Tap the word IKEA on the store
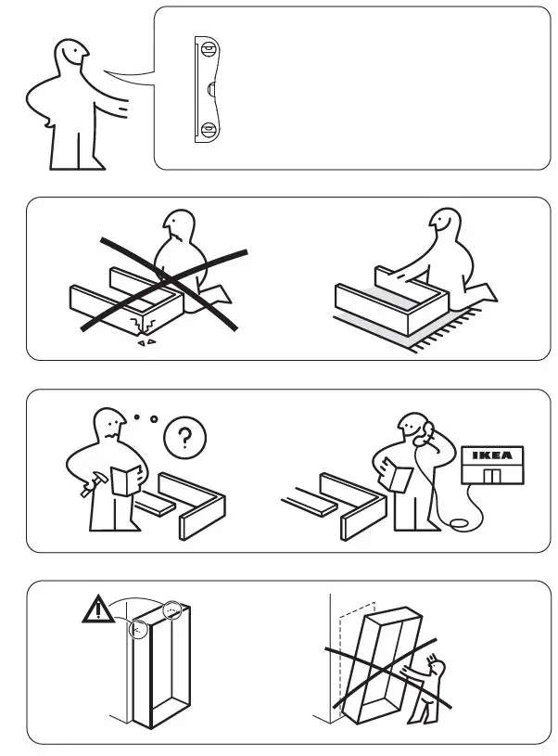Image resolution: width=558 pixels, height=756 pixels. coord(492,455)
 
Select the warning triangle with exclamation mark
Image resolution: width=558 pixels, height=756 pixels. coord(95,609)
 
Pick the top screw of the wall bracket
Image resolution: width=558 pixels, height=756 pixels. coord(209,48)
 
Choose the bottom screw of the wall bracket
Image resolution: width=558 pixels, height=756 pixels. coord(209,128)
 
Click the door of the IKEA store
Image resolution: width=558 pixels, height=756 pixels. coord(492,476)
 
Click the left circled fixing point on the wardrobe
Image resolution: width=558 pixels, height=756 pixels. coord(138,630)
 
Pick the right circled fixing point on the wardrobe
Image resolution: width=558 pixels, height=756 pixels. coord(172,610)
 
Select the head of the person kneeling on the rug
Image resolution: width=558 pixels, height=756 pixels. coord(443,226)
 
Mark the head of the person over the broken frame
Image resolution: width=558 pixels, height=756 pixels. coord(179,230)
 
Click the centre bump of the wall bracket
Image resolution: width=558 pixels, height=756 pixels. coord(212,88)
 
